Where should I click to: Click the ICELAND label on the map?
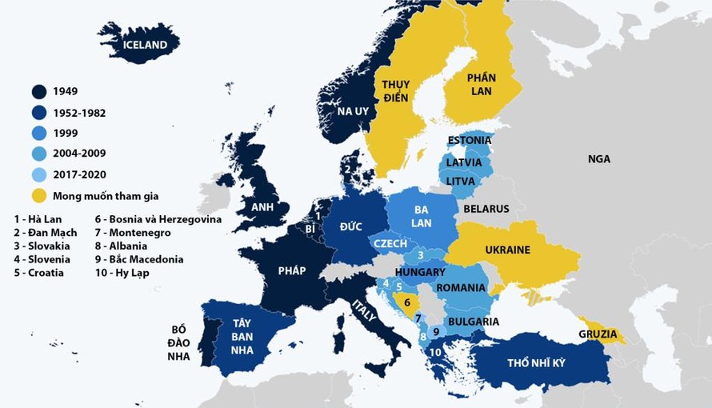[x=145, y=45]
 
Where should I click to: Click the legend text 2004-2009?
[x=79, y=153]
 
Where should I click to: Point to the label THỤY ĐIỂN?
[x=396, y=91]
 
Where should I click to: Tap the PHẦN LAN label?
[x=482, y=84]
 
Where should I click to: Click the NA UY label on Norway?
[x=352, y=110]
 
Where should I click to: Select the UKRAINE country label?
[x=507, y=250]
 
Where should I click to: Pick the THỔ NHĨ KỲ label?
[x=536, y=363]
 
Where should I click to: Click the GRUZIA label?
[x=598, y=334]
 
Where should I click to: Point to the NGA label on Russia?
[x=598, y=159]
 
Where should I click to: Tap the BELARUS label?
[x=486, y=209]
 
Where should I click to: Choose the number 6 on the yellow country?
[x=406, y=302]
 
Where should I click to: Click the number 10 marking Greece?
[x=435, y=351]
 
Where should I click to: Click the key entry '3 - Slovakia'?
[x=42, y=246]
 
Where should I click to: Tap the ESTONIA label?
[x=470, y=140]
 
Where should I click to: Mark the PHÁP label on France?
[x=291, y=270]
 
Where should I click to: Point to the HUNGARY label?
[x=420, y=272]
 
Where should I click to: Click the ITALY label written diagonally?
[x=364, y=310]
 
